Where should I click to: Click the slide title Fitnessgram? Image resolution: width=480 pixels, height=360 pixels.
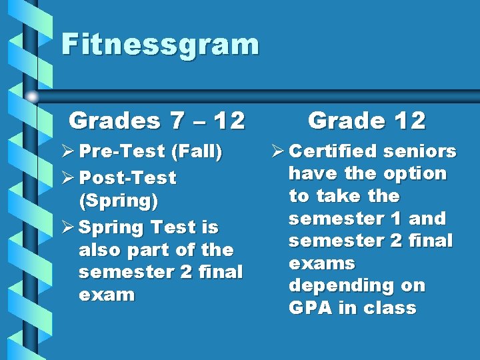pos(159,45)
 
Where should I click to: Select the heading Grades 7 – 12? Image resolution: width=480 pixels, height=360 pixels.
pos(157,121)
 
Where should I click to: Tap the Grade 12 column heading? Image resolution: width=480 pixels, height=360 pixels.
pos(366,121)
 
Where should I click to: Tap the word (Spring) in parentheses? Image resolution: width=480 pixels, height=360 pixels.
pos(118,201)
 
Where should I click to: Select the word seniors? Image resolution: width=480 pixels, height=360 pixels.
pos(420,151)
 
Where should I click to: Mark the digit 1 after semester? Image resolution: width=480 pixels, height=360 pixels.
pos(389,219)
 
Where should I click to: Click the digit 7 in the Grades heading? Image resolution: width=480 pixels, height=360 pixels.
pos(177,121)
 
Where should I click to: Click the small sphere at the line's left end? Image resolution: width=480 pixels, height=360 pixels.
pos(31,96)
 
